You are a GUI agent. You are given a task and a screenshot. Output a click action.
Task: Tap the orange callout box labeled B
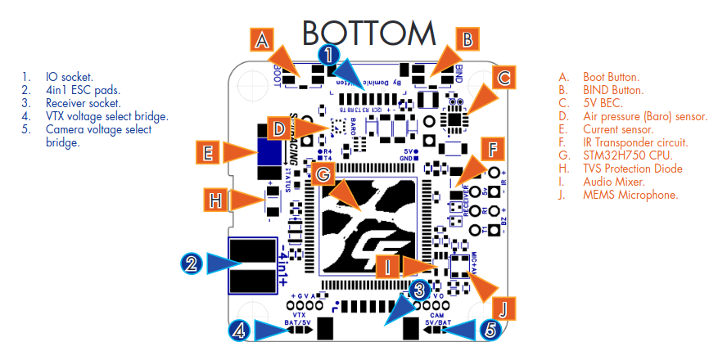(466, 38)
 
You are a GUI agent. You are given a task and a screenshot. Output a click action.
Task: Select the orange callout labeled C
(504, 79)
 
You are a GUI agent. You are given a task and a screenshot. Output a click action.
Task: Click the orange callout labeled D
(279, 128)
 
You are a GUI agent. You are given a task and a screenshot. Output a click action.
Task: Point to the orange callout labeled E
(208, 152)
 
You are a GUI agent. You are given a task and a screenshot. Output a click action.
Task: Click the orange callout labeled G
(323, 173)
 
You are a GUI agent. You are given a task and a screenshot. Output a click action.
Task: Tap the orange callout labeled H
(215, 199)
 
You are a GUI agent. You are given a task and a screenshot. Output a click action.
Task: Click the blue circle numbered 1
(327, 56)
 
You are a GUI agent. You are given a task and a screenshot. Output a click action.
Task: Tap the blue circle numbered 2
(191, 263)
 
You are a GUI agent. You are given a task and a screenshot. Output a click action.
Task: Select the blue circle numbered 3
(418, 289)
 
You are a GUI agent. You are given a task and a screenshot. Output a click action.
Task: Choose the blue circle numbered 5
(490, 331)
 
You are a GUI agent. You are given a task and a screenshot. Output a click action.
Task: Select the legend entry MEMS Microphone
(630, 194)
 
